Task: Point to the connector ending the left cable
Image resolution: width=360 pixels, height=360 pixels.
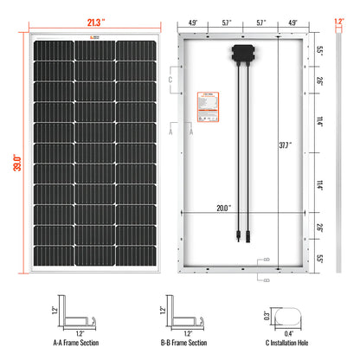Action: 231,244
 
